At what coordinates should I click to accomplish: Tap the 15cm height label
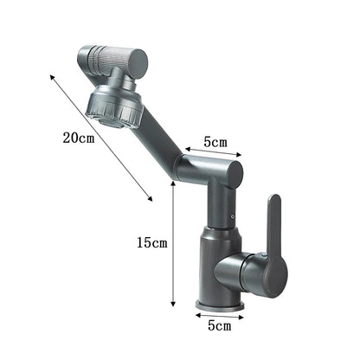point(152,243)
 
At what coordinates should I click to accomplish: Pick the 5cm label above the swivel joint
point(215,140)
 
